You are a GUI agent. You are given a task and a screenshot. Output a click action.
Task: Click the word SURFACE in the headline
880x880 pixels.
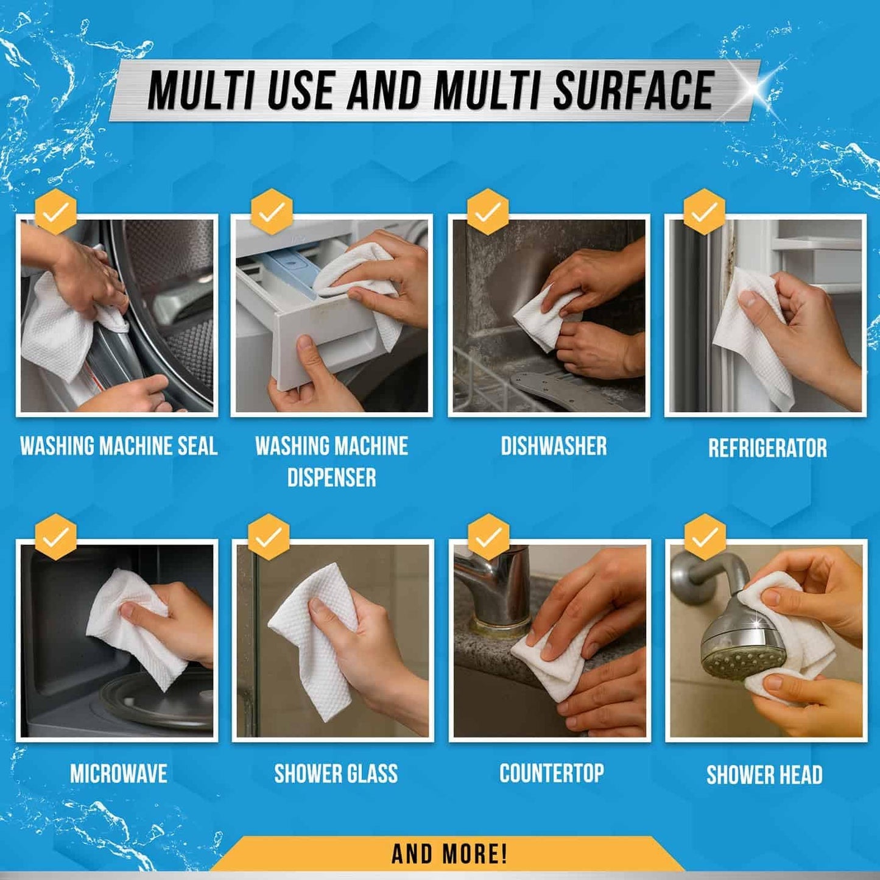(x=633, y=90)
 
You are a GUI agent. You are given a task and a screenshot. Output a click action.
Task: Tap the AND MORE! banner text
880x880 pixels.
(x=449, y=854)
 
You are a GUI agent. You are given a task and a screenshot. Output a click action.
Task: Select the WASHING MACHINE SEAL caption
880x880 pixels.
(x=119, y=446)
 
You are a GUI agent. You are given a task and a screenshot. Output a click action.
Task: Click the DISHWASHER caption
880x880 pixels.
(x=554, y=446)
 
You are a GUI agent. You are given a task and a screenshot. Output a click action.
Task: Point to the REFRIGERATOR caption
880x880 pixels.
(x=767, y=448)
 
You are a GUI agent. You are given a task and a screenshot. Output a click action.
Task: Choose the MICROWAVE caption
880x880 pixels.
(x=119, y=774)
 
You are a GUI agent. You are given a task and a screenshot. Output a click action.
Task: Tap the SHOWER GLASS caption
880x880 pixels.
(x=336, y=774)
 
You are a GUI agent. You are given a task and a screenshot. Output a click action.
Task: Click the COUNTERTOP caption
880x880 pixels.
(x=552, y=773)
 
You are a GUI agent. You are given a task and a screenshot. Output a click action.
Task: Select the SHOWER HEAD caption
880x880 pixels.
(x=764, y=775)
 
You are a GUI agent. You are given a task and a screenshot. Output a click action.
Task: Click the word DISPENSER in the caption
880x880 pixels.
(x=331, y=478)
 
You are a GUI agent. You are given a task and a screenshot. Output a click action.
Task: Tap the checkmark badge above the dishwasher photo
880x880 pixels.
(x=487, y=212)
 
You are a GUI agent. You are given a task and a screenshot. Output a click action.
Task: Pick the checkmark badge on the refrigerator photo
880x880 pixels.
(x=704, y=212)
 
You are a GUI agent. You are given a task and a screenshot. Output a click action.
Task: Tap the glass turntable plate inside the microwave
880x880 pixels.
(x=158, y=700)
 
